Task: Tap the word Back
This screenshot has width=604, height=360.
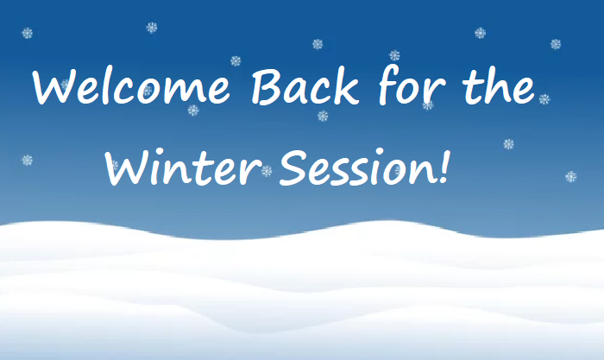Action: click(x=305, y=86)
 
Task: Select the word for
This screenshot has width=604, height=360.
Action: click(x=412, y=86)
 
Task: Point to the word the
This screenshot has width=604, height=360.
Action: click(x=499, y=86)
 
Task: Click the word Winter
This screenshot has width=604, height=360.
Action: click(x=183, y=167)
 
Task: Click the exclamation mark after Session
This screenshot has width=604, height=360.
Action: click(x=444, y=167)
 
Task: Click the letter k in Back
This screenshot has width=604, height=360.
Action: click(x=345, y=86)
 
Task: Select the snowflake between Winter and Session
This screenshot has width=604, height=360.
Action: click(x=267, y=171)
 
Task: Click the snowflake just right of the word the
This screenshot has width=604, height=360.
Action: click(x=544, y=99)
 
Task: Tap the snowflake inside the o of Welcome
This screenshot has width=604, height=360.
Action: click(x=148, y=91)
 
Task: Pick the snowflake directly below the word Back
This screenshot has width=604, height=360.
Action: click(x=323, y=116)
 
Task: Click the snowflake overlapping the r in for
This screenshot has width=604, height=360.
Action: click(x=428, y=104)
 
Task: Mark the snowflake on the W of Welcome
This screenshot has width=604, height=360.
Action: click(x=65, y=84)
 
